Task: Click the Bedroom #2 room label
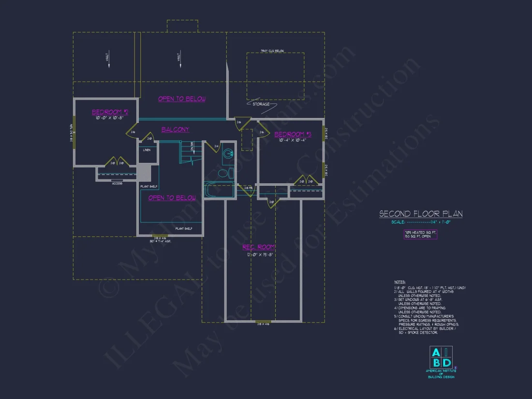point(110,112)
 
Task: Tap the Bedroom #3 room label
point(293,134)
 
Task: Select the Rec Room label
point(259,247)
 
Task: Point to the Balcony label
point(175,129)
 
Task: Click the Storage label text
point(261,104)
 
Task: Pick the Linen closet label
point(146,150)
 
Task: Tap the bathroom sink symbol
point(229,156)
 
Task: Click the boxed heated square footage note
point(421,234)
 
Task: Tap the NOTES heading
point(400,281)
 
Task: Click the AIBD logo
point(441,358)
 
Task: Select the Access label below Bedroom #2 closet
point(117,183)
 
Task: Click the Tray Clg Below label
point(272,50)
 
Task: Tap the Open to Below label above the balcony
point(182,99)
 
